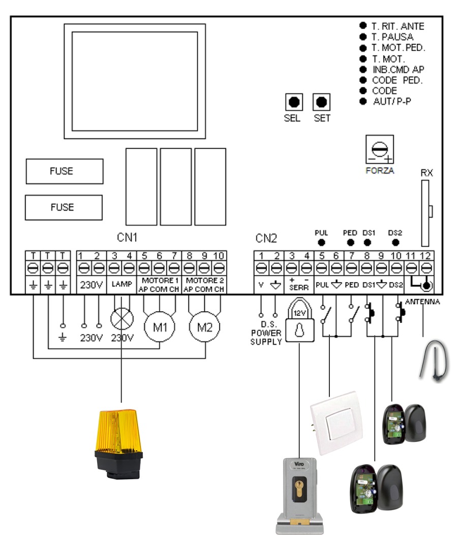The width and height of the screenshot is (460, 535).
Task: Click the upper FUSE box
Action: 65,171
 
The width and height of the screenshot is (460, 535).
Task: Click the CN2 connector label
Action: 266,237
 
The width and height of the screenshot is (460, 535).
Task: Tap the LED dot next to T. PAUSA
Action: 363,37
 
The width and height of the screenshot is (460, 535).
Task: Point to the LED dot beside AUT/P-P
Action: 363,101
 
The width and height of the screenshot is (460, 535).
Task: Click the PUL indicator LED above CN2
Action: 321,242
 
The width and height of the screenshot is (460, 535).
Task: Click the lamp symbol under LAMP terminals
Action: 121,321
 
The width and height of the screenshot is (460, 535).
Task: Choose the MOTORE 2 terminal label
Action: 204,281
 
